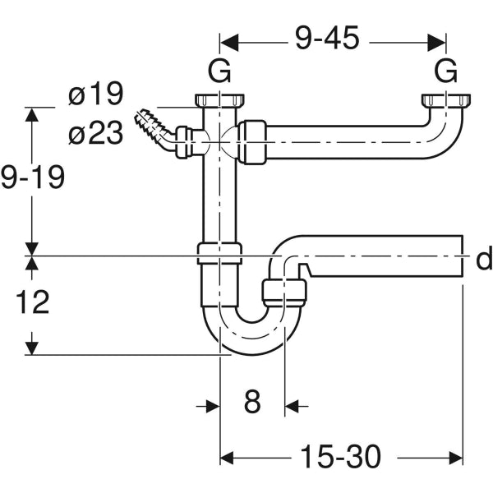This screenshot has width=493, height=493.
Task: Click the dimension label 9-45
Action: (326, 39)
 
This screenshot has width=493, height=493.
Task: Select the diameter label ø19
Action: (95, 95)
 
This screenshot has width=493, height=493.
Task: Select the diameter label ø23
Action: (95, 133)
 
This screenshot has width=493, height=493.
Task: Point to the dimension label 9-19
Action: (33, 177)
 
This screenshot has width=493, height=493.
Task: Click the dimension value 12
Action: (33, 302)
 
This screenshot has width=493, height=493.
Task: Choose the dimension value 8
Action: (252, 403)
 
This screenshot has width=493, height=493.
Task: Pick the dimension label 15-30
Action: (339, 455)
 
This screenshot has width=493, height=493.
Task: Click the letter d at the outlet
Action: (484, 260)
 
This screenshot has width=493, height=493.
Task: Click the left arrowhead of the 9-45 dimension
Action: (227, 39)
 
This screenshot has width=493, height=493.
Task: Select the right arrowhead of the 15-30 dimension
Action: (457, 455)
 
